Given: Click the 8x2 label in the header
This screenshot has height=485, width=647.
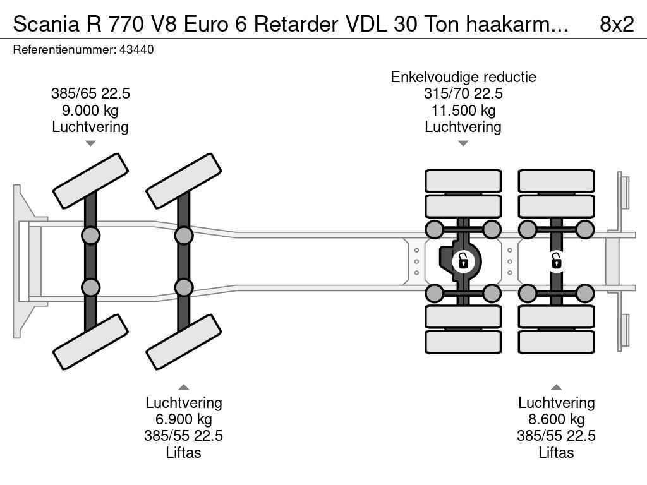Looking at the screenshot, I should pyautogui.click(x=616, y=23).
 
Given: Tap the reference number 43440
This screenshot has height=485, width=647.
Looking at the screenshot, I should pyautogui.click(x=136, y=50).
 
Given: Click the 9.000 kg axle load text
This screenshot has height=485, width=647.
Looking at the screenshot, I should pyautogui.click(x=90, y=111).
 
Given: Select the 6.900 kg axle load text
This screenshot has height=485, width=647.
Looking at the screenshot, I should pyautogui.click(x=183, y=419).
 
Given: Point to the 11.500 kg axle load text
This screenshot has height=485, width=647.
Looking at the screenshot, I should pyautogui.click(x=463, y=111).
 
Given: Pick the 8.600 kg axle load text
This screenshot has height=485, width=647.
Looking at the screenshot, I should pyautogui.click(x=556, y=419).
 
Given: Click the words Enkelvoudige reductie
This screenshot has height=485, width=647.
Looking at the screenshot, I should pyautogui.click(x=463, y=77).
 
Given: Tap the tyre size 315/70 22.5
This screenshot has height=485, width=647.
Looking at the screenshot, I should pyautogui.click(x=463, y=94).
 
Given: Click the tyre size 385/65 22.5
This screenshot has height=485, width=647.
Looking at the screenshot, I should pyautogui.click(x=90, y=94).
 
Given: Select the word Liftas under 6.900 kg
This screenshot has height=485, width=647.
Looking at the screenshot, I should pyautogui.click(x=183, y=452).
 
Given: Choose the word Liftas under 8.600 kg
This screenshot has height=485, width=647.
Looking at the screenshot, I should pyautogui.click(x=556, y=452).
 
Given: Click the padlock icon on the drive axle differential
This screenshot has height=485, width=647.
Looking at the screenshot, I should pyautogui.click(x=463, y=260).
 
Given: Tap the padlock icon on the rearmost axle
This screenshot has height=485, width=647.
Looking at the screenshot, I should pyautogui.click(x=556, y=260).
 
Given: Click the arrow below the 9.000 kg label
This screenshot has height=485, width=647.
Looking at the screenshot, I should pyautogui.click(x=90, y=143).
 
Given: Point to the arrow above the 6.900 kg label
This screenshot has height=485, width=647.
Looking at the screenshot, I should pyautogui.click(x=183, y=387).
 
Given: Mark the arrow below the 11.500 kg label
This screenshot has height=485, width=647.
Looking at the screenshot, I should pyautogui.click(x=463, y=143).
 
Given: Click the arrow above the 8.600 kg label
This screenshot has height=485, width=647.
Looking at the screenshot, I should pyautogui.click(x=556, y=387).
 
